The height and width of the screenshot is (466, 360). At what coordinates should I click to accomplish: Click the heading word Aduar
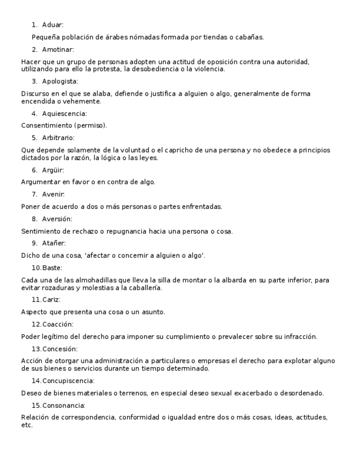[x=53, y=25]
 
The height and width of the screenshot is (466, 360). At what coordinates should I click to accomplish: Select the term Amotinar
[x=58, y=49]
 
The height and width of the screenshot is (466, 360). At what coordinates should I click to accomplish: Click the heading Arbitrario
[x=58, y=137]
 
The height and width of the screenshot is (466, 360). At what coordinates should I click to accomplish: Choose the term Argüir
[x=53, y=170]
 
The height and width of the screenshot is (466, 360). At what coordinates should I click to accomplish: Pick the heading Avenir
[x=53, y=194]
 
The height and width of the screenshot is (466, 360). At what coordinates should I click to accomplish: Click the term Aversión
[x=57, y=219]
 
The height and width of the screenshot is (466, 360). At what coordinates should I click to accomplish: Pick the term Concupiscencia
[x=68, y=381]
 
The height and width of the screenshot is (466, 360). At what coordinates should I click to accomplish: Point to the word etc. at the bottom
[x=27, y=425]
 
